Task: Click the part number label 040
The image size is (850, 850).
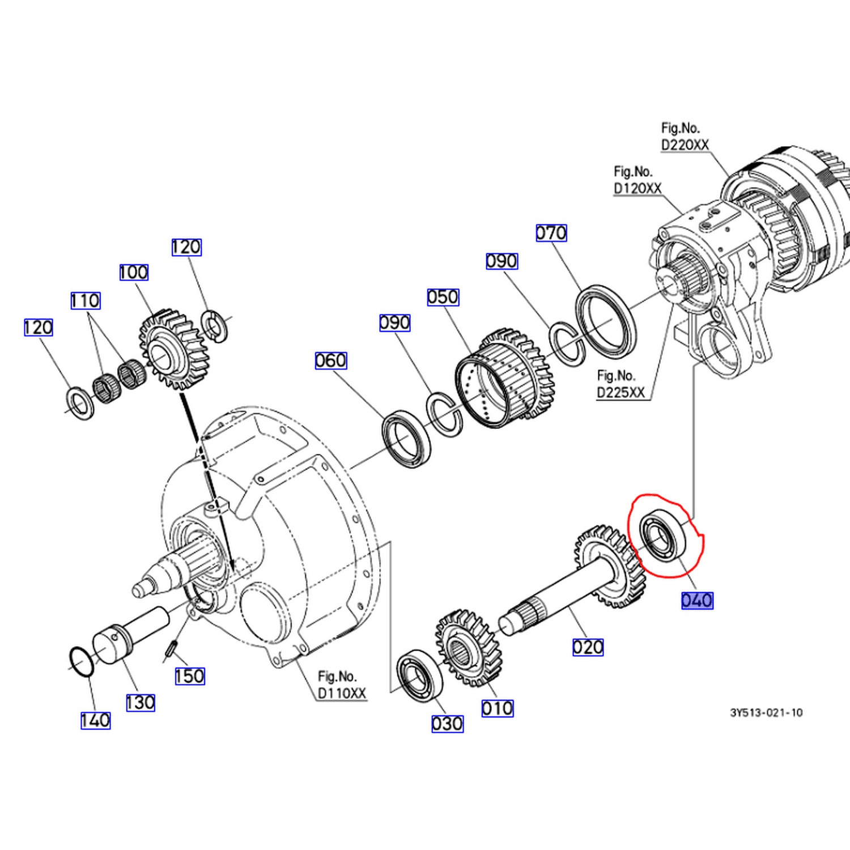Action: [697, 600]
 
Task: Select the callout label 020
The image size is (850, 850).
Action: [588, 647]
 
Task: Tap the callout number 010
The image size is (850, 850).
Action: [498, 708]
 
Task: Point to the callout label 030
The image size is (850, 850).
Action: [448, 724]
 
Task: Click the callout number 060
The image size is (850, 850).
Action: [331, 360]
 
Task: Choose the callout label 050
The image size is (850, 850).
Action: [443, 297]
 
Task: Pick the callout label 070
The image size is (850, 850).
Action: [551, 233]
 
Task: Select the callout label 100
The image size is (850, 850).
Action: [134, 273]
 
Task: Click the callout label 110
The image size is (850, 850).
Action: [86, 300]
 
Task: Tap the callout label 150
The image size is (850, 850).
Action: [189, 676]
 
